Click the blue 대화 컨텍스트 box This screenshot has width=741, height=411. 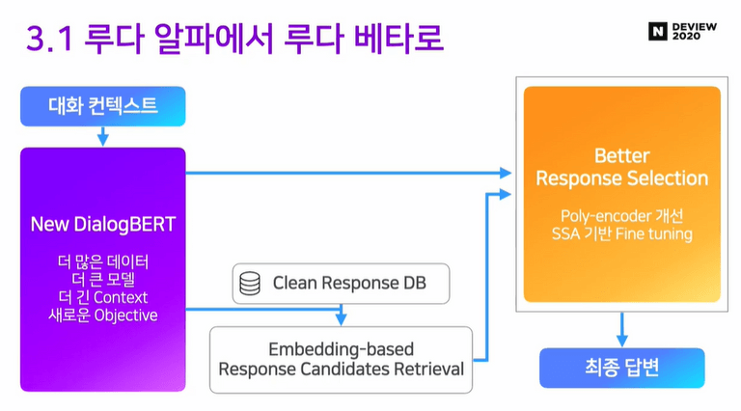point(102,106)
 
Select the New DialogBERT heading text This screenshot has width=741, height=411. point(102,225)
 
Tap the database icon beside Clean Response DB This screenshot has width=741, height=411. point(250,284)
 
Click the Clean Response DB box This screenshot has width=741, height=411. point(341,284)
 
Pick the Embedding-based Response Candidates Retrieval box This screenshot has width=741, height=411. point(341,359)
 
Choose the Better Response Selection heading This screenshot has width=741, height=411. point(621,167)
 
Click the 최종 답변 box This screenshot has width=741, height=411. point(621,368)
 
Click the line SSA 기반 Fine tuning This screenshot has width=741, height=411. point(621,233)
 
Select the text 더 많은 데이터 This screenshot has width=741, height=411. point(102,261)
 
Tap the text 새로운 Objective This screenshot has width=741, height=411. point(102,315)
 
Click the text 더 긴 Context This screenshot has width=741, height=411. point(102,297)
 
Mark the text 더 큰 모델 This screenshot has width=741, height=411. point(102,279)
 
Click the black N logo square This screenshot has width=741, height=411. point(658,31)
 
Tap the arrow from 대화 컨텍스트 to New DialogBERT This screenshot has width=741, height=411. point(102,138)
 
